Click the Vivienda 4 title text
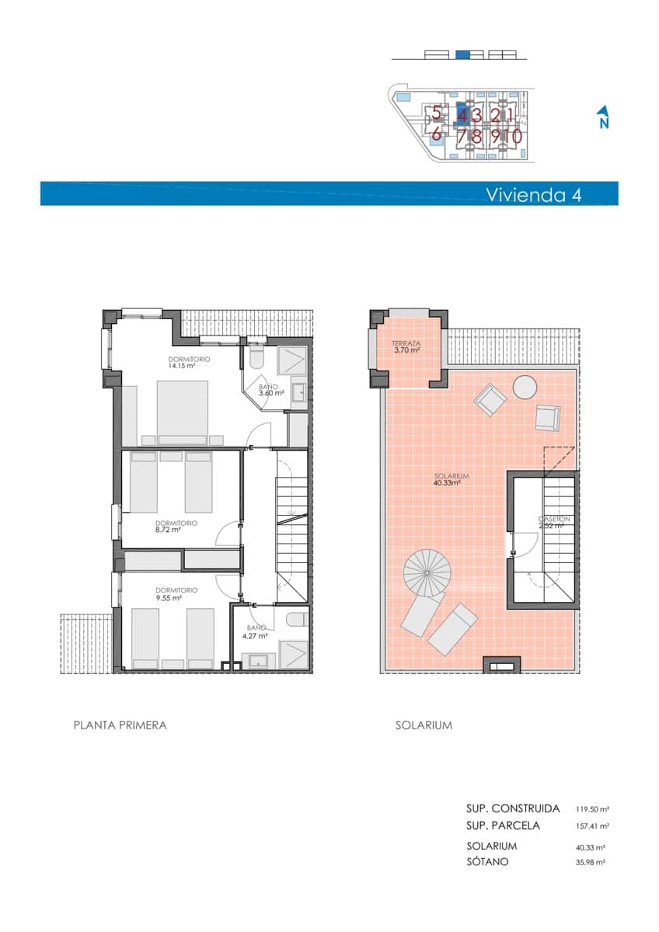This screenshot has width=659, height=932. pos(533,194)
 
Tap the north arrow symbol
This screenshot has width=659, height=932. pos(603,117)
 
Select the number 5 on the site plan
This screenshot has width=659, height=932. pos(437,113)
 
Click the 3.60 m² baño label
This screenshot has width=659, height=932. pos(270,390)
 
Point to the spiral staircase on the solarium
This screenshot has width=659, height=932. pos(427,574)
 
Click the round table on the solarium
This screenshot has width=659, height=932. pos(525,387)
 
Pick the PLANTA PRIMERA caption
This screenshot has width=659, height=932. pos(120,725)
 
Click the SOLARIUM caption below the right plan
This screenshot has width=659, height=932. pos(424,725)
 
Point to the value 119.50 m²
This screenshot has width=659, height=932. pos(592,809)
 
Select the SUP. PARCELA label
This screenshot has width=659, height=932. pos(503,826)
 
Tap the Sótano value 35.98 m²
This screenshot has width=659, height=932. pos(589,862)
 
